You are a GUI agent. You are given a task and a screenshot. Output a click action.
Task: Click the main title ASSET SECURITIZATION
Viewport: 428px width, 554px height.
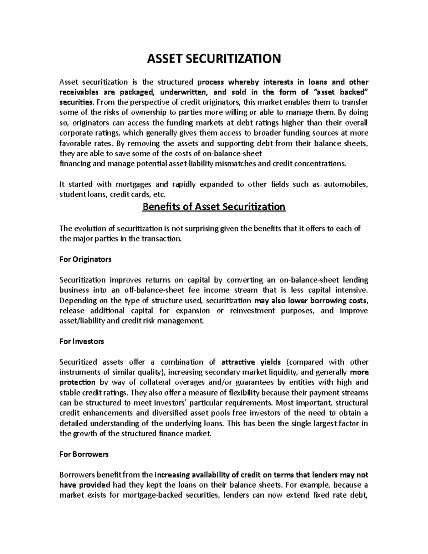214,59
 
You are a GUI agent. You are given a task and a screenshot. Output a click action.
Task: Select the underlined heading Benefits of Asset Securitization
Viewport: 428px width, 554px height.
214,207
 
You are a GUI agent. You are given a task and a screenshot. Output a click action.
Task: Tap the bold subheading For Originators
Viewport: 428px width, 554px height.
85,259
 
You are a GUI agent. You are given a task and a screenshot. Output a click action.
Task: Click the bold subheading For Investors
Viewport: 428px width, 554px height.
82,341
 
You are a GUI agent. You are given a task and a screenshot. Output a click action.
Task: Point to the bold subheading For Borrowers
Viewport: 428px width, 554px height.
84,454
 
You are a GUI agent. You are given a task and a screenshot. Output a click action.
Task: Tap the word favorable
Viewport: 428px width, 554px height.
73,143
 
